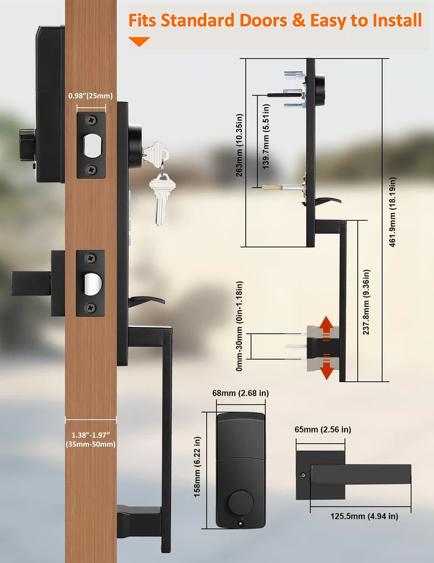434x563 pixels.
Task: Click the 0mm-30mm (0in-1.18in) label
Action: click(x=239, y=326)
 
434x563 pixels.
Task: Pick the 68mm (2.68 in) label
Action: click(x=240, y=393)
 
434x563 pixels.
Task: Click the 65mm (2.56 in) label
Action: click(x=323, y=430)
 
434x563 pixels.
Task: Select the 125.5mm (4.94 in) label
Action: click(x=363, y=516)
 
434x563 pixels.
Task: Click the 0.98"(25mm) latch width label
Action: click(x=91, y=96)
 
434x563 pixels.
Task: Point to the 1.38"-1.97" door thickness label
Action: click(x=91, y=440)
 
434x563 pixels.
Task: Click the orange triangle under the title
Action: click(x=139, y=41)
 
